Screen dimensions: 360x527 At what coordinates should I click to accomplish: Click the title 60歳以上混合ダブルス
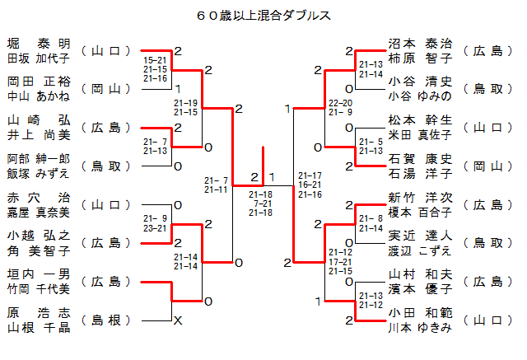point(264,16)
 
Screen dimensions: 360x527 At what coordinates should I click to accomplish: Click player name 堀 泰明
point(39,44)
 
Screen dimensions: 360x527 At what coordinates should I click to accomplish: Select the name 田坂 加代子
point(39,58)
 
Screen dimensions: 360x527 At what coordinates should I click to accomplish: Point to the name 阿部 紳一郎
point(39,159)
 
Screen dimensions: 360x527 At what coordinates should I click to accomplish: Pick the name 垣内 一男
point(39,274)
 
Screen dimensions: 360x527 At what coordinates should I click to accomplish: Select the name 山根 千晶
point(39,327)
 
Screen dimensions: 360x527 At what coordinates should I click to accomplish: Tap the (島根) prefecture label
point(108,320)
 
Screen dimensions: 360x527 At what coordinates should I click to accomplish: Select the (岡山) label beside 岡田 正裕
point(108,89)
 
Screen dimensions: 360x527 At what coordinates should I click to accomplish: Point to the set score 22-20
point(341,102)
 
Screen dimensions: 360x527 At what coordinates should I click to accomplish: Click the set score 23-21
point(155,227)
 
